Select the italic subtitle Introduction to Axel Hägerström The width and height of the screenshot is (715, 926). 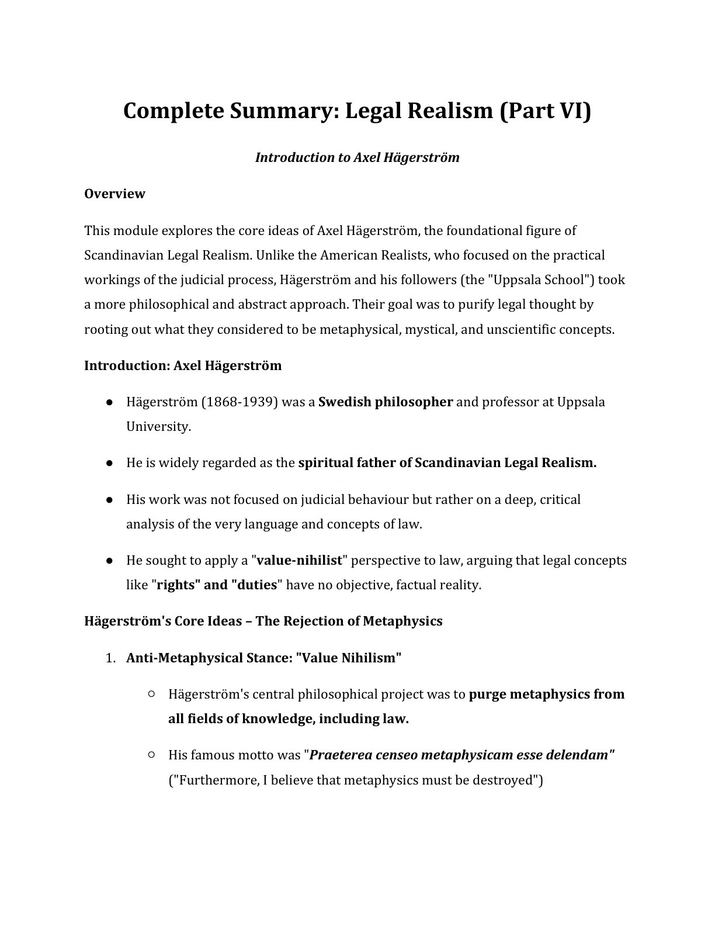click(x=357, y=158)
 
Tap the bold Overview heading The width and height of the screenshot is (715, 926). click(x=114, y=194)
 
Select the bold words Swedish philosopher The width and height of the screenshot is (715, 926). click(x=385, y=402)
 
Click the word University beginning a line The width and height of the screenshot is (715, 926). click(x=158, y=427)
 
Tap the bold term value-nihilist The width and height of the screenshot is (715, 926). click(x=299, y=561)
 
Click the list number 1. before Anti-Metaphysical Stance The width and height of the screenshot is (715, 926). click(x=111, y=658)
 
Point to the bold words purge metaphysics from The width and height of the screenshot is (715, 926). click(x=546, y=694)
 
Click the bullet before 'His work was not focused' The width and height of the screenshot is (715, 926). click(x=109, y=500)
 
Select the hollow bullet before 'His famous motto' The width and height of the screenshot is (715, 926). click(x=151, y=755)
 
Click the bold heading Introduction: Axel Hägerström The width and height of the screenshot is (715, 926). click(x=183, y=366)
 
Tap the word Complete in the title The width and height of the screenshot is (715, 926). click(x=168, y=110)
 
